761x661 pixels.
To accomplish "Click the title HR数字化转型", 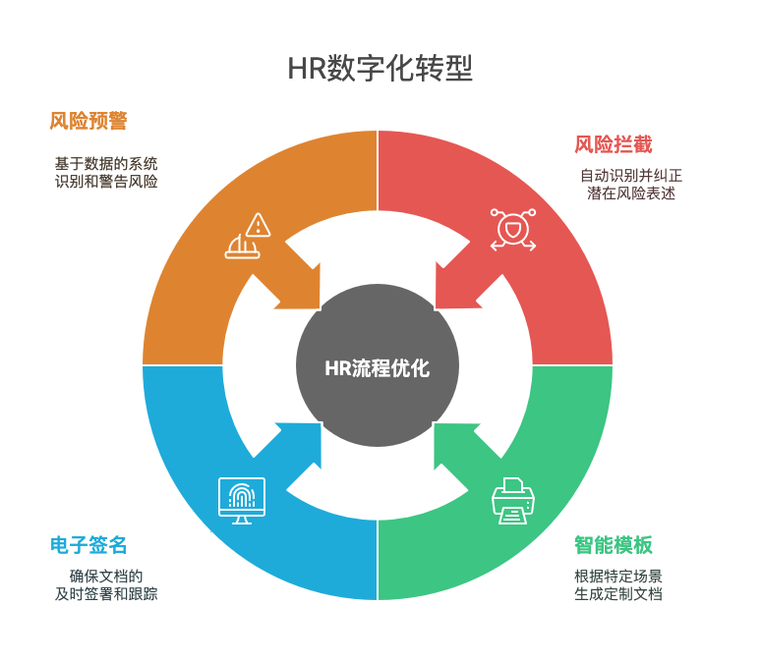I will point(380,69).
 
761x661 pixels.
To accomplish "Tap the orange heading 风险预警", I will point(88,121).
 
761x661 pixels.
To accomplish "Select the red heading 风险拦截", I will point(614,144).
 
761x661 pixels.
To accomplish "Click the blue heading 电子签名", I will point(88,545).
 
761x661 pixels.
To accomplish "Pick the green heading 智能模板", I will point(614,545).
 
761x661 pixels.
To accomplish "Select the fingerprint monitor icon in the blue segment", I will point(241,499).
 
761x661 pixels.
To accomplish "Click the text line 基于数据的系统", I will point(106,163).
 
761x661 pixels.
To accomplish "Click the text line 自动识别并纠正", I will point(631,176).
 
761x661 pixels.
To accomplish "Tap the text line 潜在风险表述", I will point(631,193).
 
